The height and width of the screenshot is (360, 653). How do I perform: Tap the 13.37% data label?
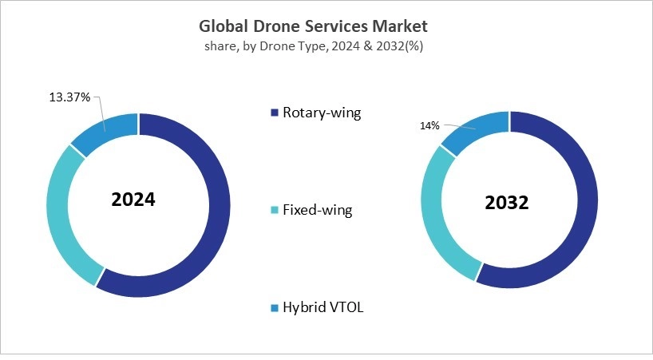[69, 97]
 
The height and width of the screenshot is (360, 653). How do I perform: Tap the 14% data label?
[429, 125]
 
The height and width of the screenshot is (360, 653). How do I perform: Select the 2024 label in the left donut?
[133, 200]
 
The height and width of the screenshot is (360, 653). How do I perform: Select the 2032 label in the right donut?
[506, 203]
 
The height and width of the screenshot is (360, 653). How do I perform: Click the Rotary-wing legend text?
[322, 113]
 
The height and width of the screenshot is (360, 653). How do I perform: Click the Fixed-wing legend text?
[317, 211]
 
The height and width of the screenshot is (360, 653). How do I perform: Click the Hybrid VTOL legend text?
[323, 307]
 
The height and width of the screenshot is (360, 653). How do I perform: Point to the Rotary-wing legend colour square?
[275, 113]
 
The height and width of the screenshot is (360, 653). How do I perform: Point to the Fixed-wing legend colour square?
[275, 211]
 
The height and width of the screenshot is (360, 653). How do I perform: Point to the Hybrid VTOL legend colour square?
[275, 307]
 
